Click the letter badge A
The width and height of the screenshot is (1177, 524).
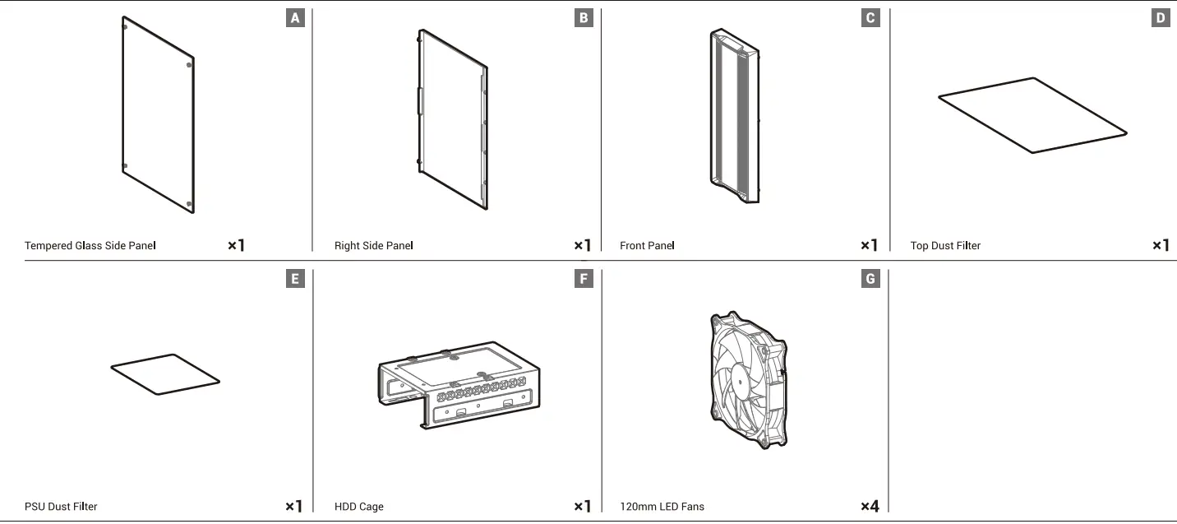pyautogui.click(x=295, y=18)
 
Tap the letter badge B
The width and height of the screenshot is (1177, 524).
pyautogui.click(x=583, y=18)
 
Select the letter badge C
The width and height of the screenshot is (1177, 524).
pyautogui.click(x=870, y=18)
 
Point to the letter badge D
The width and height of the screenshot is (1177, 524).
pyautogui.click(x=1160, y=18)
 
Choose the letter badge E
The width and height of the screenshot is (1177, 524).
pyautogui.click(x=295, y=279)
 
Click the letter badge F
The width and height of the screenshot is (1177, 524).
pyautogui.click(x=583, y=279)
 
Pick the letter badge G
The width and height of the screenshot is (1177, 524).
pyautogui.click(x=870, y=279)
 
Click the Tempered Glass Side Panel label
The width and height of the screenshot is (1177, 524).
pyautogui.click(x=90, y=246)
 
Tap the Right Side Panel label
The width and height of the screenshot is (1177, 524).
pyautogui.click(x=374, y=246)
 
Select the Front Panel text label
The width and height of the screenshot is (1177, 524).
pyautogui.click(x=648, y=246)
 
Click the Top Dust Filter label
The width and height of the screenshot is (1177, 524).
pyautogui.click(x=945, y=246)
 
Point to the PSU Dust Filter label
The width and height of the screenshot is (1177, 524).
pyautogui.click(x=61, y=507)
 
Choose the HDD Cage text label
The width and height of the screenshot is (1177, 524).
pyautogui.click(x=359, y=507)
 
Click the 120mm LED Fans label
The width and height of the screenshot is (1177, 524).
pyautogui.click(x=662, y=507)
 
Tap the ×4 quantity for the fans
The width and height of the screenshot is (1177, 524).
pyautogui.click(x=870, y=507)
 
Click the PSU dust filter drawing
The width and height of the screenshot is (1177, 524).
pyautogui.click(x=165, y=374)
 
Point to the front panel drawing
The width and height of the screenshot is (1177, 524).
pyautogui.click(x=734, y=116)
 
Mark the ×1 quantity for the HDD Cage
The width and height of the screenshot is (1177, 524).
pyautogui.click(x=582, y=507)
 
